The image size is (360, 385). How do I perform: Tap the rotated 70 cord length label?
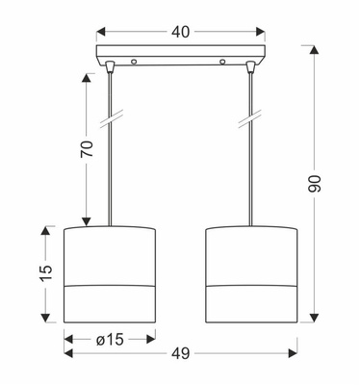pos(86,150)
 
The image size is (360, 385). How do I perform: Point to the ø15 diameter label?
pos(109,338)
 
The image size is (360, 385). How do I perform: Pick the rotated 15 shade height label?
pos(41,274)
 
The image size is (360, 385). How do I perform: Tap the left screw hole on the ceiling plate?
pos(134,62)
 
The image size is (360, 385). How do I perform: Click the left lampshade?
pos(110,274)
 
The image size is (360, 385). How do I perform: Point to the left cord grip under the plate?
pos(110,69)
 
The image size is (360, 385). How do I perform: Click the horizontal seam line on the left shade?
pos(110,287)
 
